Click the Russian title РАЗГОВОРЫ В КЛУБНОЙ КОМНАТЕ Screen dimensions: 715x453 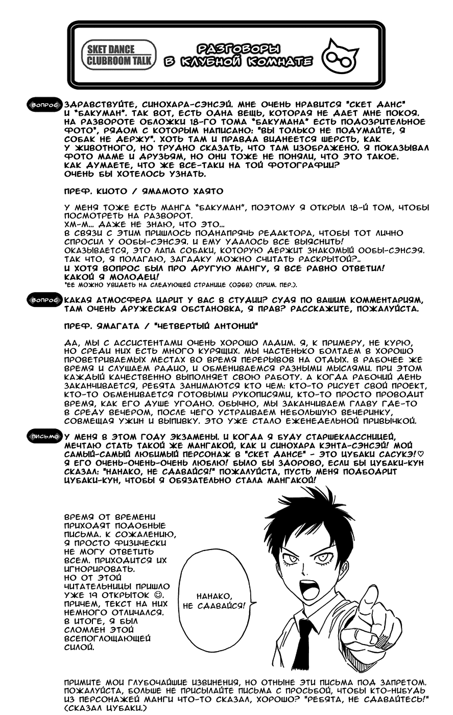tap(238, 55)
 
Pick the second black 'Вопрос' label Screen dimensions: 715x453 tap(44, 300)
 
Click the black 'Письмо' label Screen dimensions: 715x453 tap(45, 437)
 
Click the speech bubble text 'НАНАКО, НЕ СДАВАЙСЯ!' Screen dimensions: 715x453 tap(213, 601)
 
